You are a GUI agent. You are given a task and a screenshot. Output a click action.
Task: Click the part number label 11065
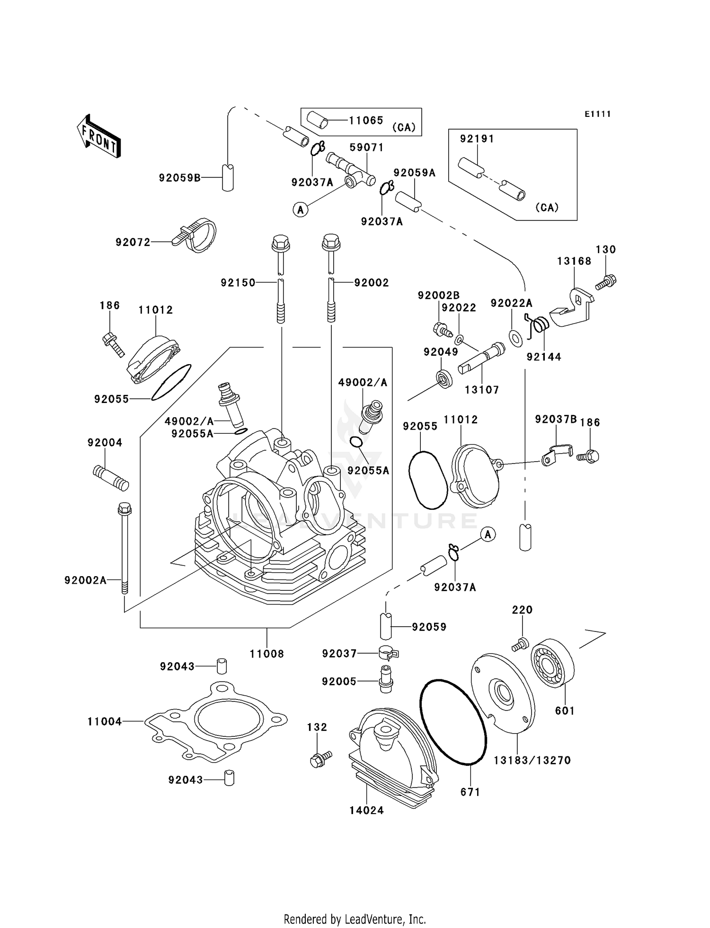[366, 121]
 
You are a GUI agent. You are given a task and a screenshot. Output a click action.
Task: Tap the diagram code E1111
[597, 114]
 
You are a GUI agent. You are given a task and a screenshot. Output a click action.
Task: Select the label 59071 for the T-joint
[366, 148]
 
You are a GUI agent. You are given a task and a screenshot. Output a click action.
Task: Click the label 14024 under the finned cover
[366, 810]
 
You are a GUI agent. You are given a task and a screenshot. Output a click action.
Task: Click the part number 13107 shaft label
[481, 390]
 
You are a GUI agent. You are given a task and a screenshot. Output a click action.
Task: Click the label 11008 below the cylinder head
[266, 654]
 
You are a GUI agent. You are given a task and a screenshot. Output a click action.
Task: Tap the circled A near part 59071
[301, 209]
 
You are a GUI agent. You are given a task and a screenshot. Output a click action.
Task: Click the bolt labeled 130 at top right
[606, 282]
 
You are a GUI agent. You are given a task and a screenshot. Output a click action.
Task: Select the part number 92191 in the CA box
[477, 139]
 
